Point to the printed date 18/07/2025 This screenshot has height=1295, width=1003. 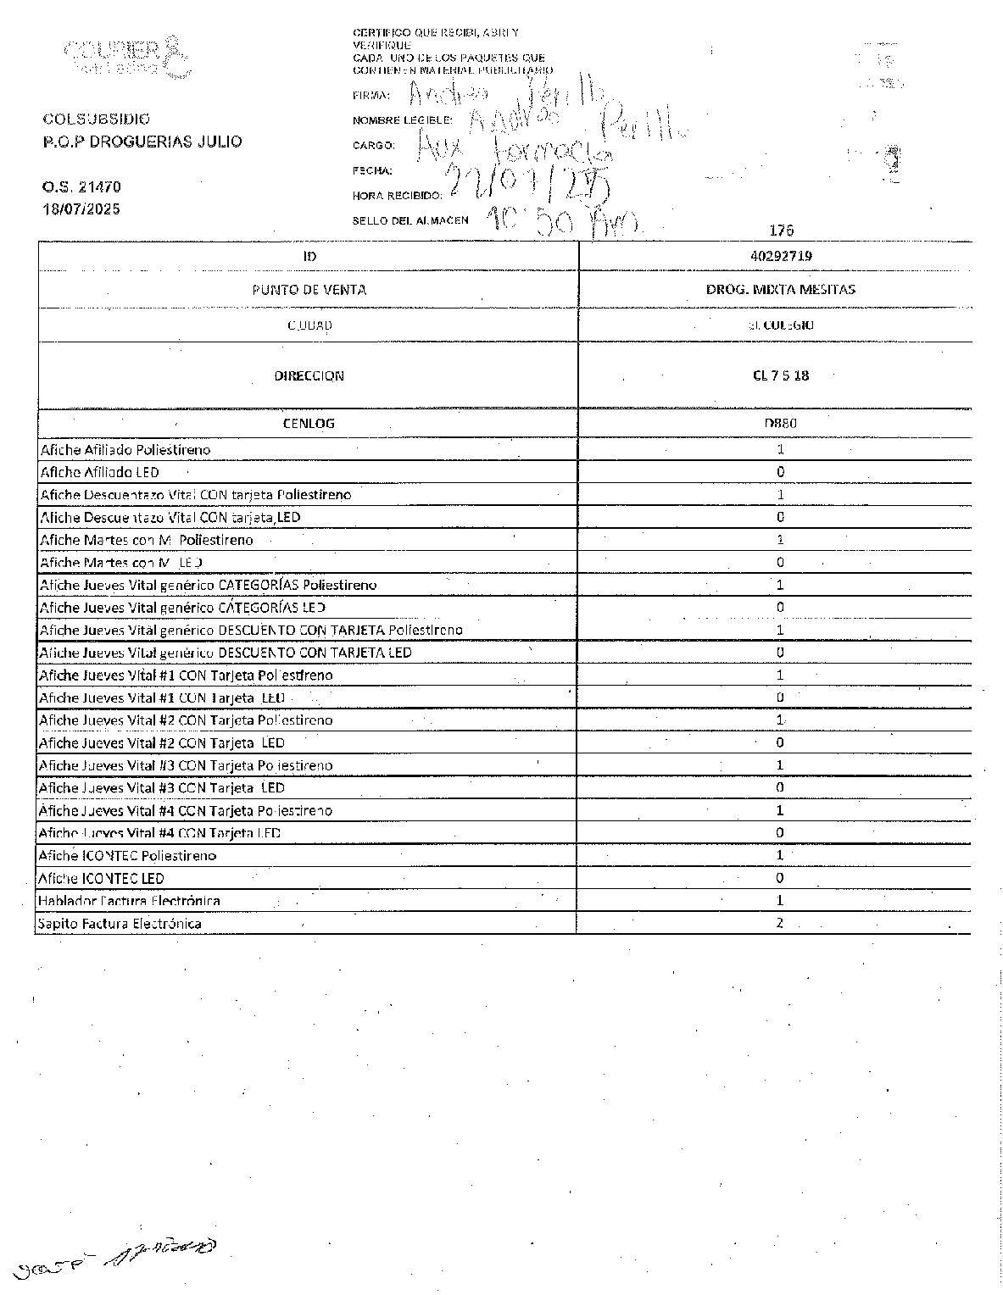tap(81, 208)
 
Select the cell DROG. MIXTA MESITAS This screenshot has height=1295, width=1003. tap(780, 289)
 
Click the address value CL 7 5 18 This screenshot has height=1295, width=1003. tap(780, 375)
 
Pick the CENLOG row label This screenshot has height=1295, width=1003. tap(309, 423)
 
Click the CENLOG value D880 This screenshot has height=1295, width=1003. tap(780, 423)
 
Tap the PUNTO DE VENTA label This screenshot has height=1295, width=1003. tap(309, 289)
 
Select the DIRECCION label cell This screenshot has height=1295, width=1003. tap(309, 375)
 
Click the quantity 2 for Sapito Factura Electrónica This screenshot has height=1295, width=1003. tap(780, 923)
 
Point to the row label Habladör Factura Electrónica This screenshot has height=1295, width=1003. tap(129, 900)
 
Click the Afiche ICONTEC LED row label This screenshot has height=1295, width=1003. tap(102, 878)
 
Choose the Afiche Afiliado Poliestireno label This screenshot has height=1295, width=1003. tap(125, 449)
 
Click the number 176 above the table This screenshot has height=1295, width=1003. tap(780, 230)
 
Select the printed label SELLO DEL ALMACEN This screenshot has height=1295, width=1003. tap(410, 220)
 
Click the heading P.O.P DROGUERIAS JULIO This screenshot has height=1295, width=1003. tap(142, 142)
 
